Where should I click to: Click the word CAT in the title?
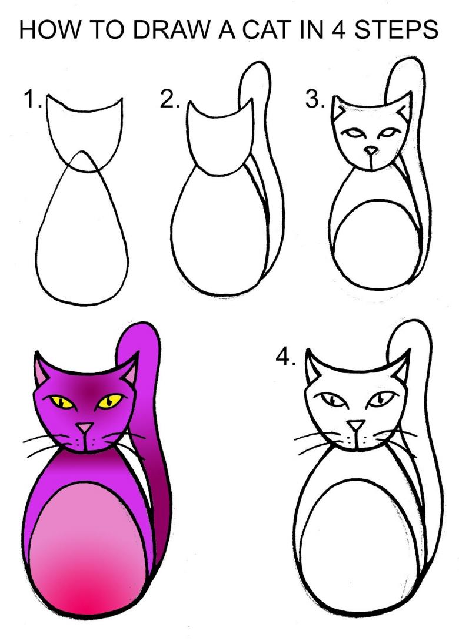coord(267,30)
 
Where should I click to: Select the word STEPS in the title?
coord(395,30)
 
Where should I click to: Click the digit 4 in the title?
coord(338,30)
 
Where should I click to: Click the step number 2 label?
coord(169,100)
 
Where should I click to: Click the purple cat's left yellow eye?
coord(62,402)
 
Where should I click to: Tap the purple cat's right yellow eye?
coord(109,401)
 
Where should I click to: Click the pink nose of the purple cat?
coord(85,428)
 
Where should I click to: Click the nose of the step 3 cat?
coord(371,151)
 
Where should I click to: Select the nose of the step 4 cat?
coord(356,425)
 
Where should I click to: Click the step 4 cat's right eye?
coord(380,398)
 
